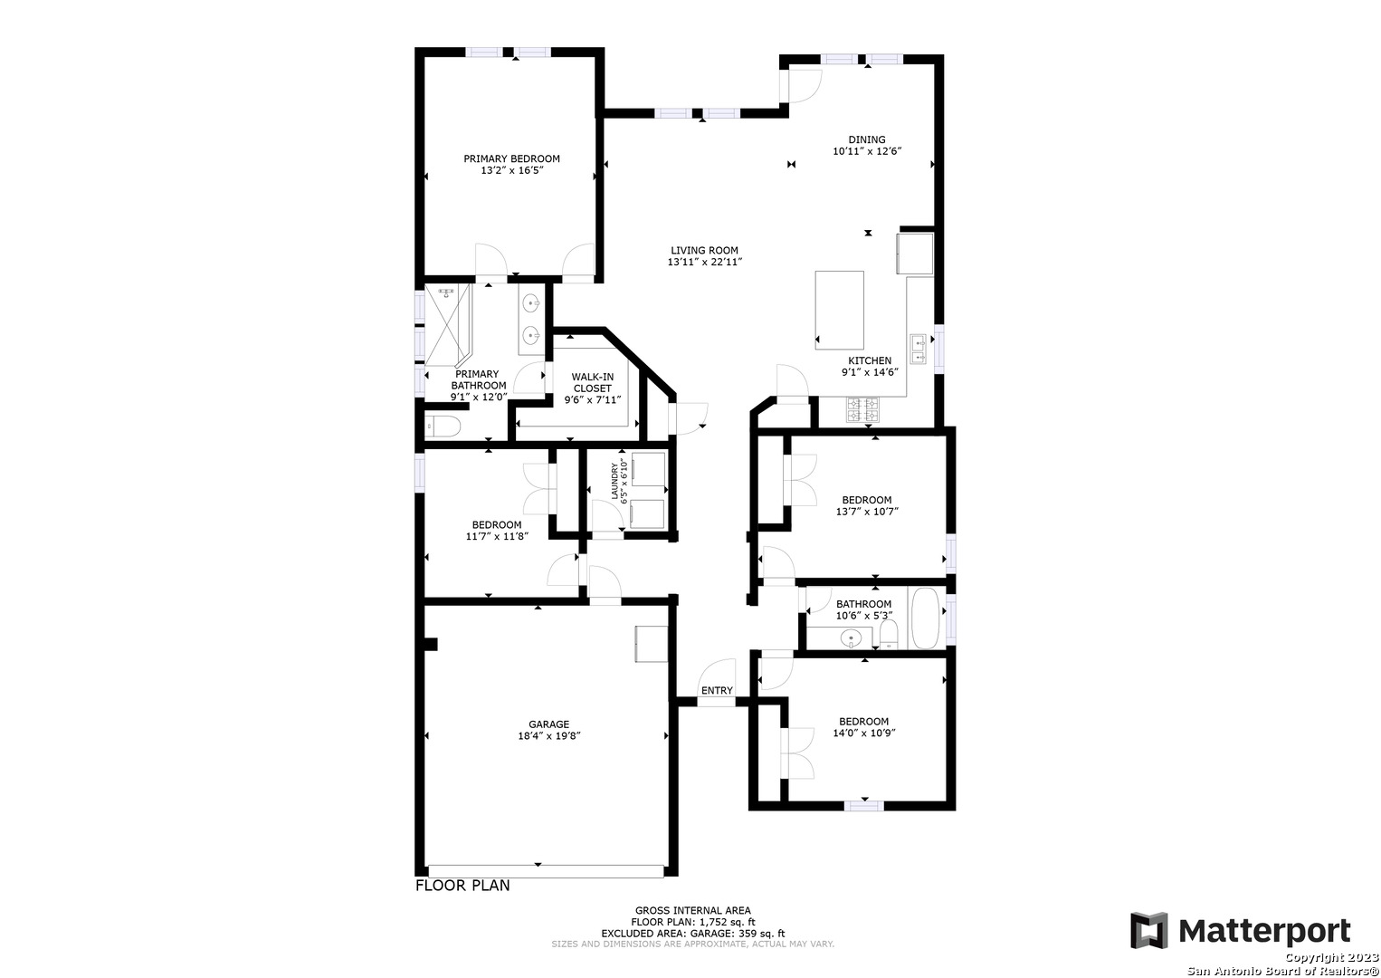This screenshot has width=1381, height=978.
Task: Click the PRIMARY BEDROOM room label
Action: coord(511,158)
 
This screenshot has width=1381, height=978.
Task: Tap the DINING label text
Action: coord(867,139)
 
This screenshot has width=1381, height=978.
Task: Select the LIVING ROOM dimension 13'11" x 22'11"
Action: coord(705,262)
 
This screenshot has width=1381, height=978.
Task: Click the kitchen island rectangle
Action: coord(839,311)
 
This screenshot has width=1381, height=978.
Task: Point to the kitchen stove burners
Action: coord(862,409)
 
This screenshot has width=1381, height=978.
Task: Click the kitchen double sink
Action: coord(918,350)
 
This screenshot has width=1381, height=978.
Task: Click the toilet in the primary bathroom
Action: coord(442,427)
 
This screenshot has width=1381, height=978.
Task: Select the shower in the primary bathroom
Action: coord(448,324)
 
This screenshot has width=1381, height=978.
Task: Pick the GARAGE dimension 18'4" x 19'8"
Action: coord(548,735)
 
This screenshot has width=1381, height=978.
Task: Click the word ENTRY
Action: coord(717,690)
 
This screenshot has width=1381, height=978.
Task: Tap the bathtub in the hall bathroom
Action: coord(926,618)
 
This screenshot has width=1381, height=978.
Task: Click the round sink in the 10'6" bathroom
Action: coord(852,638)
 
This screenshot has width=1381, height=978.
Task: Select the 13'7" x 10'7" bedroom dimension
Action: coord(867,512)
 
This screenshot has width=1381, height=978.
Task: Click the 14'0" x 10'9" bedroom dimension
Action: coord(863,733)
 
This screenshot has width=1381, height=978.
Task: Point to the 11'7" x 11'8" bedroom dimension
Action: coord(497,536)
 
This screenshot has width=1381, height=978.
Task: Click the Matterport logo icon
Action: coord(1148,930)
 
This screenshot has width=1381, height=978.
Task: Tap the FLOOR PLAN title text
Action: coord(462,886)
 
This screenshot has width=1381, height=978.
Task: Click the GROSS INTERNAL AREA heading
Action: coord(693,910)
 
